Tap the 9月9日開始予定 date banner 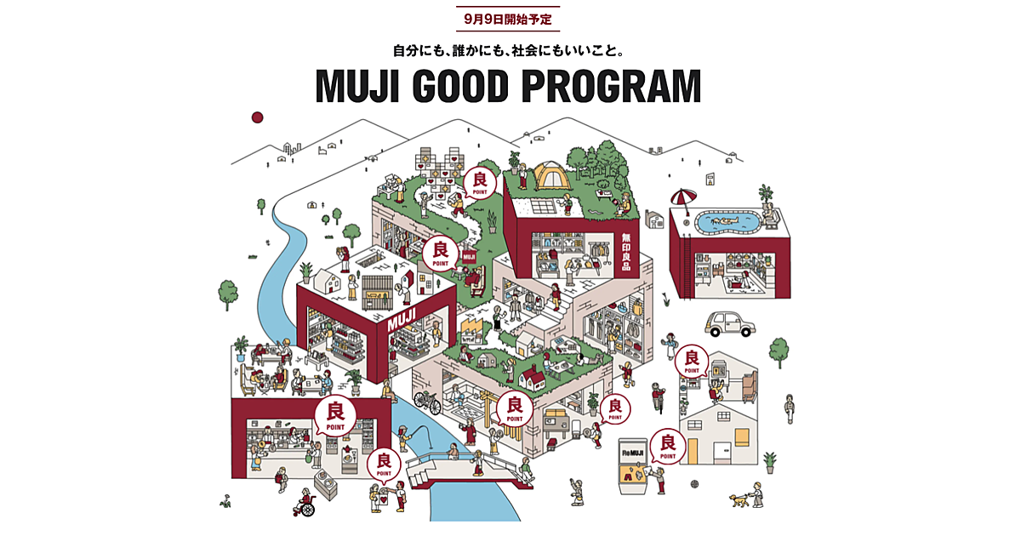(x=510, y=18)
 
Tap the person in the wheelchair (x=303, y=501)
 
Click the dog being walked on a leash (x=738, y=501)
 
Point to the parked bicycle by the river (x=427, y=401)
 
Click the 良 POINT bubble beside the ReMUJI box (x=668, y=445)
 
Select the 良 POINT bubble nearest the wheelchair (x=384, y=464)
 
